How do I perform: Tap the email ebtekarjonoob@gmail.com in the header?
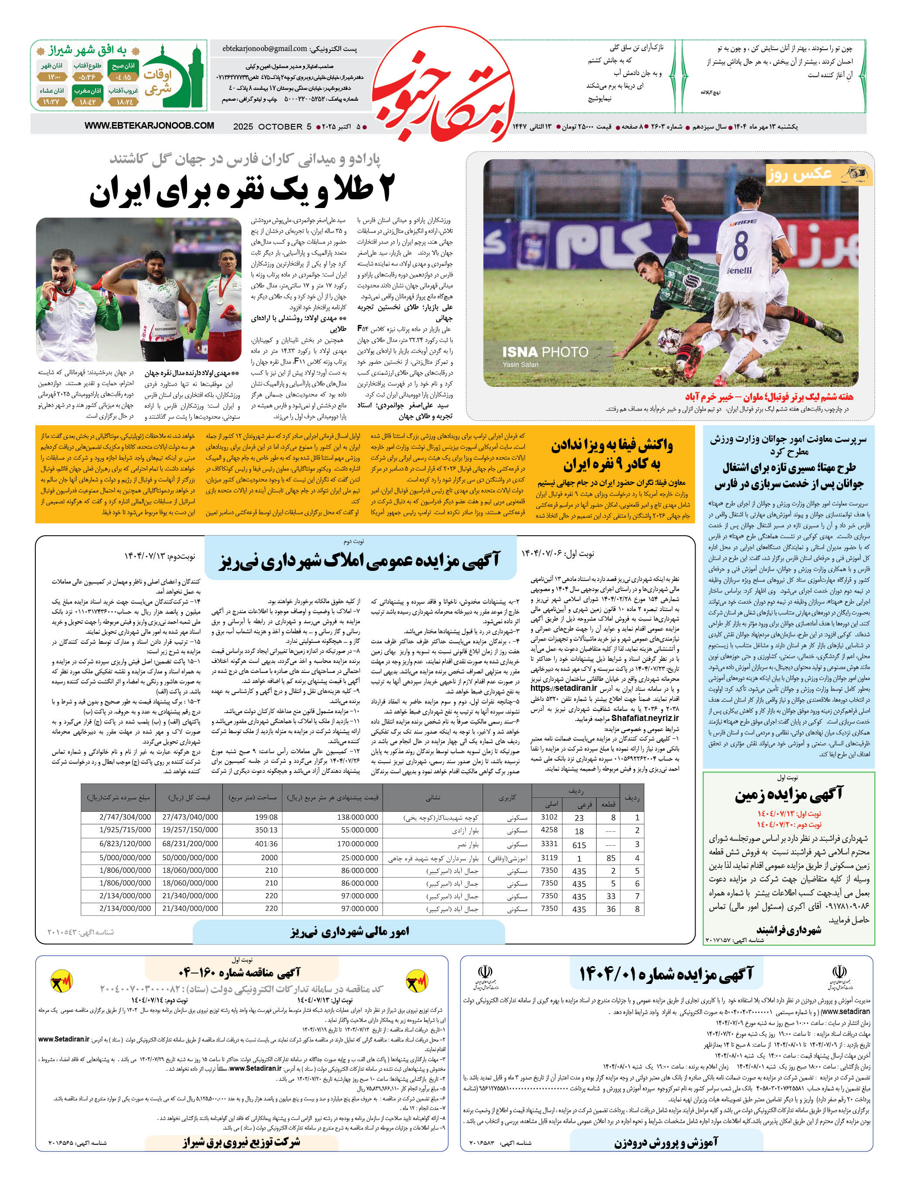tap(265, 48)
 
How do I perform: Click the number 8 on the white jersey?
tap(740, 246)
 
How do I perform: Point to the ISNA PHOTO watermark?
tap(545, 352)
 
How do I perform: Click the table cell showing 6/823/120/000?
tap(125, 844)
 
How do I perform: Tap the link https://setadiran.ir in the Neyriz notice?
tap(563, 688)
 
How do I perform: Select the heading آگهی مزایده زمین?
tap(789, 794)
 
